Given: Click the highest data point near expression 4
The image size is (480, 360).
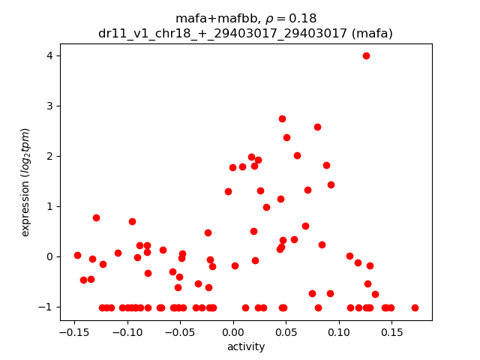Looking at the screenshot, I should [366, 55].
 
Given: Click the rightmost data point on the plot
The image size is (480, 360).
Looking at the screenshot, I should [415, 307].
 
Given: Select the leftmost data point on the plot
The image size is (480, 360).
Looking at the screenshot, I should [77, 255].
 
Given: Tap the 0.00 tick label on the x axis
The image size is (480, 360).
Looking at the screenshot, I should [233, 331].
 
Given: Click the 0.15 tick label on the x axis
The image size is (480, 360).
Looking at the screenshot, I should [391, 331].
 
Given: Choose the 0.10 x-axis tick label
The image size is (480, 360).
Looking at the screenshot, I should [339, 331].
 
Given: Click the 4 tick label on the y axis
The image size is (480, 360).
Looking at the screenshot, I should [50, 55].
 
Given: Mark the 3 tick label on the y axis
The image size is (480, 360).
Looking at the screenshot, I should [50, 106].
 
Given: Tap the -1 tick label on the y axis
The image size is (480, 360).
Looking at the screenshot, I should [47, 307].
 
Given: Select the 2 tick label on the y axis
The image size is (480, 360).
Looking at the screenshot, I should [50, 156].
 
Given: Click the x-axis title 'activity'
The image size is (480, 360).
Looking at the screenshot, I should [246, 346].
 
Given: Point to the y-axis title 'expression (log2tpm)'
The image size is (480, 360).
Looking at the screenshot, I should [25, 182].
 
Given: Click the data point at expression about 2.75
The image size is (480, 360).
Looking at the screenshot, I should [282, 118].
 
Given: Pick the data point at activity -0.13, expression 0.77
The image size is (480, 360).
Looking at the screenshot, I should [96, 217].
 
